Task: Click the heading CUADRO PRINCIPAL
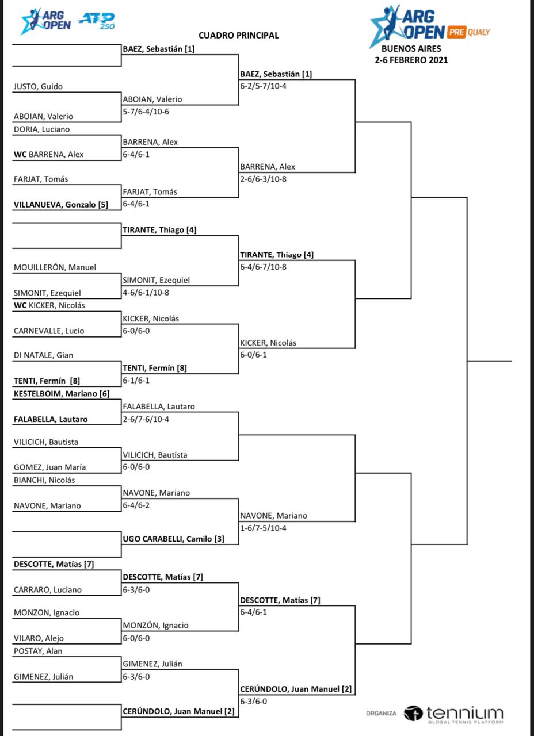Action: click(238, 35)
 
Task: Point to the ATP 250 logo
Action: click(96, 21)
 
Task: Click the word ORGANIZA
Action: click(381, 714)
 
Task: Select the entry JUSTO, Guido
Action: click(38, 87)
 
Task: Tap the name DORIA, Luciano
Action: click(41, 129)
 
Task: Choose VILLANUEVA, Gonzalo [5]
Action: click(60, 204)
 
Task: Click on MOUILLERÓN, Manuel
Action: click(55, 267)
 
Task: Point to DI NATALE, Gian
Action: click(43, 355)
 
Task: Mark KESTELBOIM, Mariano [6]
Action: click(61, 394)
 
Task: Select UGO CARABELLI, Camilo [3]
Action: click(173, 539)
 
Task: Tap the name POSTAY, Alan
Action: click(38, 651)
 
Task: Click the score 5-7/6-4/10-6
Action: click(146, 112)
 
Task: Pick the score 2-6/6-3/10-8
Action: click(264, 179)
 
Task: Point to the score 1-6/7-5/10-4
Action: click(264, 528)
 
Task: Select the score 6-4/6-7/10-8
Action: click(264, 267)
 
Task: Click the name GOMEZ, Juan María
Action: click(51, 467)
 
